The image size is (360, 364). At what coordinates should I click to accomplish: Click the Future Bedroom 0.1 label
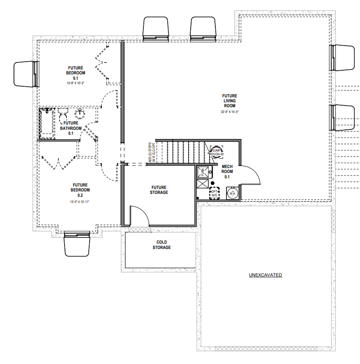pyautogui.click(x=76, y=73)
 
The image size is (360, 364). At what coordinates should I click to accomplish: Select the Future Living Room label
pyautogui.click(x=230, y=101)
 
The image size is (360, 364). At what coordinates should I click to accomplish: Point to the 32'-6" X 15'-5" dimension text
pyautogui.click(x=230, y=112)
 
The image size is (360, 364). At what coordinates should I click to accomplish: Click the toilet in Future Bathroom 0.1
pyautogui.click(x=63, y=112)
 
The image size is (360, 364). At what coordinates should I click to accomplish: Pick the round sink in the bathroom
pyautogui.click(x=80, y=114)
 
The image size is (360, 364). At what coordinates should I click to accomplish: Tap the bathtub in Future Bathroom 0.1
pyautogui.click(x=47, y=123)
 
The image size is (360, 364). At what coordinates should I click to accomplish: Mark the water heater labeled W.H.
pyautogui.click(x=232, y=193)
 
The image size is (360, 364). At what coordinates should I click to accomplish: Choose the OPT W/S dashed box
pyautogui.click(x=214, y=194)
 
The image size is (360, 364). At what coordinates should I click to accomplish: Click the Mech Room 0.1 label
pyautogui.click(x=227, y=171)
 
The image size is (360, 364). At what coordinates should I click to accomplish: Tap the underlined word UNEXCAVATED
pyautogui.click(x=265, y=275)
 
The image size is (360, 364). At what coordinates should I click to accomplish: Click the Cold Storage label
pyautogui.click(x=162, y=245)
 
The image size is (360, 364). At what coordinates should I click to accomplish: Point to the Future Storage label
pyautogui.click(x=159, y=189)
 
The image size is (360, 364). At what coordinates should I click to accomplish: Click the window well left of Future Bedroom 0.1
pyautogui.click(x=26, y=74)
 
